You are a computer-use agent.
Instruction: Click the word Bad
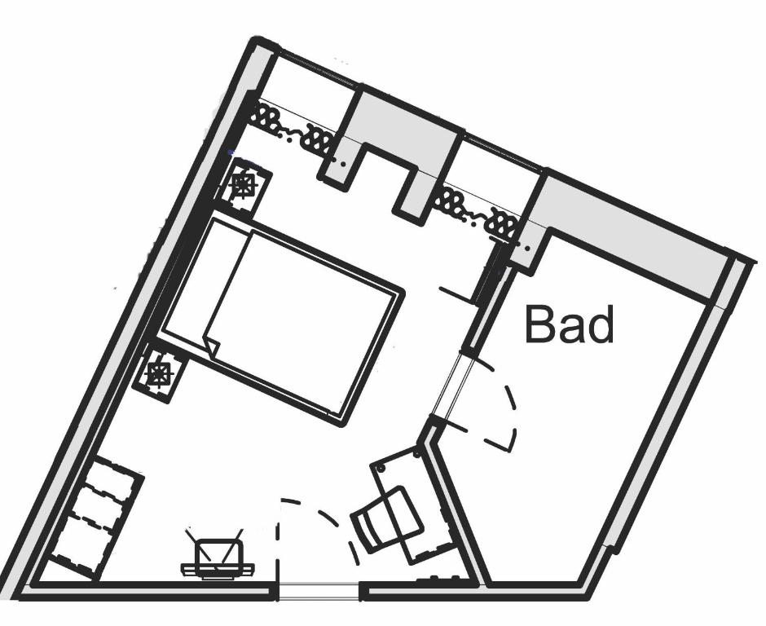coord(569,324)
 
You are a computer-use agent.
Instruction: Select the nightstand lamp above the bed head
coord(243,186)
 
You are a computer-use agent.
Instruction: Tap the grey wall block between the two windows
coord(399,130)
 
